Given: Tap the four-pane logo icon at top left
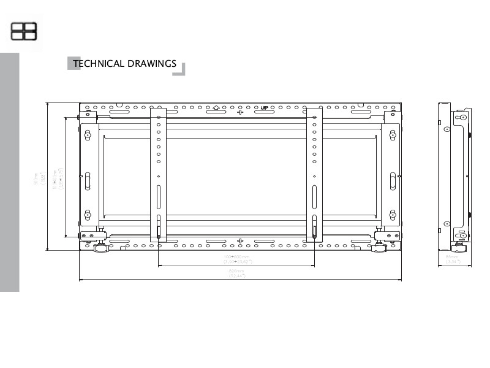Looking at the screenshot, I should (x=24, y=31).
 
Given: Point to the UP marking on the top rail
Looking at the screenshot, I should (x=264, y=107).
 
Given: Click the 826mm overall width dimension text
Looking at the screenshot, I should (x=236, y=272).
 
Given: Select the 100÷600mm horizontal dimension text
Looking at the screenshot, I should (x=236, y=258).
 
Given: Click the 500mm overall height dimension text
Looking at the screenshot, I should (x=38, y=178).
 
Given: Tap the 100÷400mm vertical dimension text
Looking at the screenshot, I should (x=56, y=178).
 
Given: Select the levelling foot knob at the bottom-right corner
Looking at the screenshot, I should (x=382, y=247).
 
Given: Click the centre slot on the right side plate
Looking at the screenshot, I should (x=392, y=180).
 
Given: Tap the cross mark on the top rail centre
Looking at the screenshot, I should (x=240, y=112).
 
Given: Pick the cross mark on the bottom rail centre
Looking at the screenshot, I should (x=240, y=241).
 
